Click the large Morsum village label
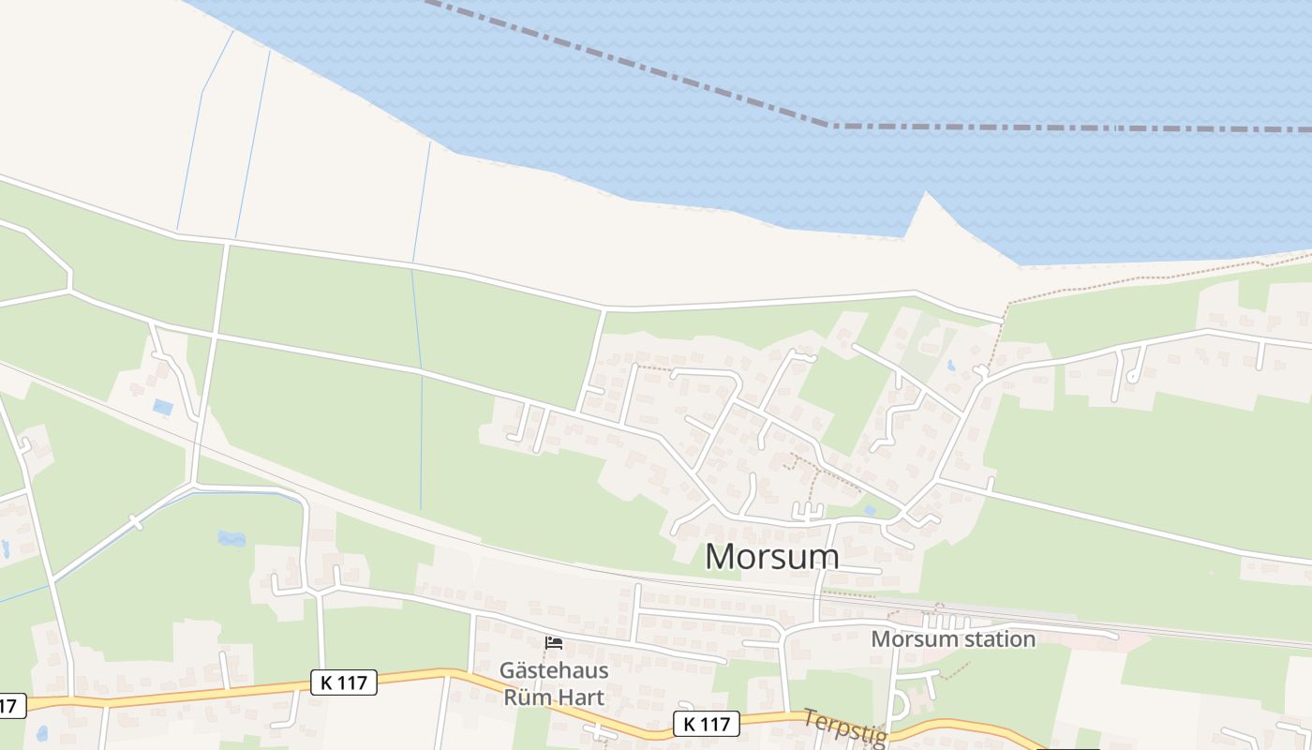771,557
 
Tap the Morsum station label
953,639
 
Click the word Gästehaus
554,671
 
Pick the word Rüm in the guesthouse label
524,697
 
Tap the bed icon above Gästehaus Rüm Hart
554,643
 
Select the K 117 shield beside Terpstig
707,724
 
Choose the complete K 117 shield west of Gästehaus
343,682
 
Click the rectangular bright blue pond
163,408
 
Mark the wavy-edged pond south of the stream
231,538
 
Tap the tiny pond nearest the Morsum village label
870,511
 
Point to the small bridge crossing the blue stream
137,521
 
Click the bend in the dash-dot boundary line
830,125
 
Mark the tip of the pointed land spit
927,194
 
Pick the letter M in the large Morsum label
723,557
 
